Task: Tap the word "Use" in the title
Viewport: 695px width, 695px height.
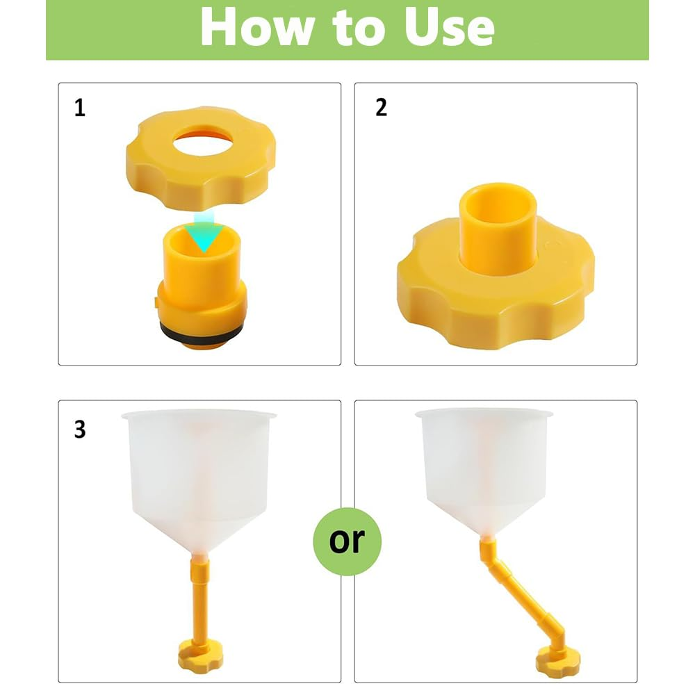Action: (449, 28)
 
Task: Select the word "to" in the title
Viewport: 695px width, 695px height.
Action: (358, 28)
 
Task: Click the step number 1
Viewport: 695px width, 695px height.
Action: (80, 108)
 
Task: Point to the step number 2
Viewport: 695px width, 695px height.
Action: (381, 107)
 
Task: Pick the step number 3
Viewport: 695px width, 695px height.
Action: (80, 429)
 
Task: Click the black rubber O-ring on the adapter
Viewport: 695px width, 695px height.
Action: (202, 332)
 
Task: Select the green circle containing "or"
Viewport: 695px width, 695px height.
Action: (347, 541)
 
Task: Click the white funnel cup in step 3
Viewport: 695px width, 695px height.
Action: (199, 479)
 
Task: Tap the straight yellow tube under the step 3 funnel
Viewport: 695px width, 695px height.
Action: (199, 598)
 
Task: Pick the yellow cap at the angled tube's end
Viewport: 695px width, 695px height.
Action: (557, 662)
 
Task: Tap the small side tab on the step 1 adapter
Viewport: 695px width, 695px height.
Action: (156, 302)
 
